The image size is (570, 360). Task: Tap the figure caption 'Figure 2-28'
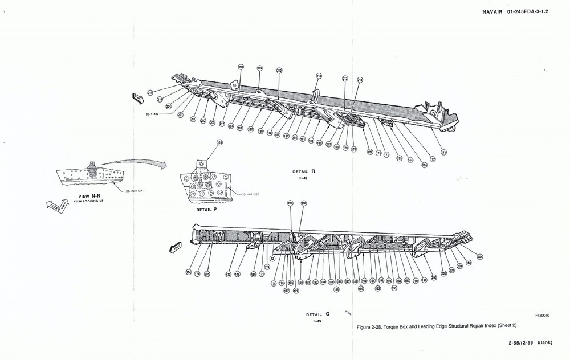click(436, 326)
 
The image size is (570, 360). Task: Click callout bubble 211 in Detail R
click(319, 76)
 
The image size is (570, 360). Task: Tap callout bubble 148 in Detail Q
click(237, 274)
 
